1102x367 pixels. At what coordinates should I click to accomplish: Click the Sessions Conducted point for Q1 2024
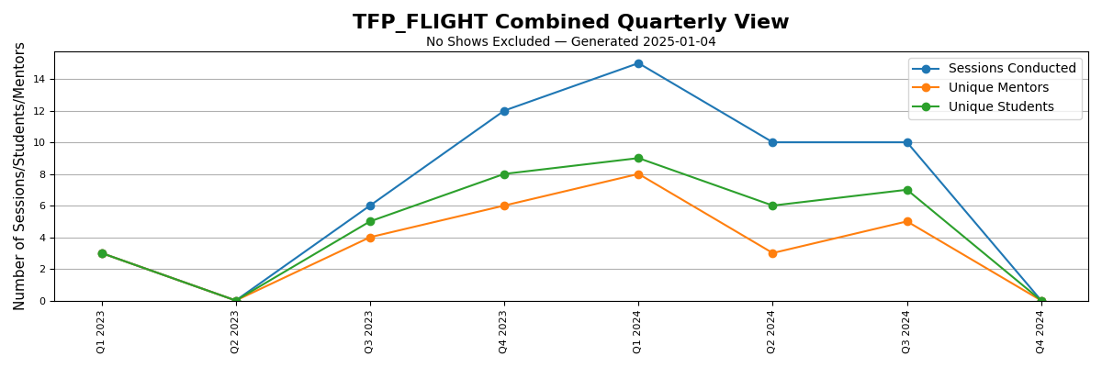click(x=638, y=63)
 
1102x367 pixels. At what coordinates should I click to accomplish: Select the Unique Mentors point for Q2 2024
click(x=772, y=253)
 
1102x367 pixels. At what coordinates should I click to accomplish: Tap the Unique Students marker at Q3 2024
click(x=907, y=190)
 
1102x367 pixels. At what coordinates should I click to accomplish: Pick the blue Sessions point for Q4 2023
click(x=504, y=111)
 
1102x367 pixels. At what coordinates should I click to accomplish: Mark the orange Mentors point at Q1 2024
click(x=638, y=174)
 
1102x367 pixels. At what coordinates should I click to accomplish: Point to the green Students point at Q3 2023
click(x=370, y=221)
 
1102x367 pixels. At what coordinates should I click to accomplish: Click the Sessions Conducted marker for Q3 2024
click(x=907, y=142)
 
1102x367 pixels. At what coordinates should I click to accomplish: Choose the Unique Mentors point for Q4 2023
click(x=504, y=206)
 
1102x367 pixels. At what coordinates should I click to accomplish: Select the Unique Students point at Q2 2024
click(x=772, y=206)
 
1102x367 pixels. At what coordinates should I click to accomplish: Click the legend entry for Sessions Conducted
click(x=1011, y=69)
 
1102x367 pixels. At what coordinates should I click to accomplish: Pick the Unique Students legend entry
click(x=1001, y=107)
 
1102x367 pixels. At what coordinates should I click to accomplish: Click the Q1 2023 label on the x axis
click(x=101, y=331)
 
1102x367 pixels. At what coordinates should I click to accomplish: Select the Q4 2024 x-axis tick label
click(x=1040, y=331)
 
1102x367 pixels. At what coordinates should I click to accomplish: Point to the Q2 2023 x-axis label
click(x=235, y=331)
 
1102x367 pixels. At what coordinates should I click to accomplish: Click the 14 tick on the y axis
click(x=39, y=80)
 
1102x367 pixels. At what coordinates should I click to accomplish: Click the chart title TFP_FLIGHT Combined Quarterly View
click(x=570, y=23)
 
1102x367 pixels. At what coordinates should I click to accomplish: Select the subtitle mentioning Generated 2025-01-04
click(x=570, y=42)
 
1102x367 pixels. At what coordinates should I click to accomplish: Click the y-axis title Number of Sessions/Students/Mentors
click(x=20, y=175)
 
